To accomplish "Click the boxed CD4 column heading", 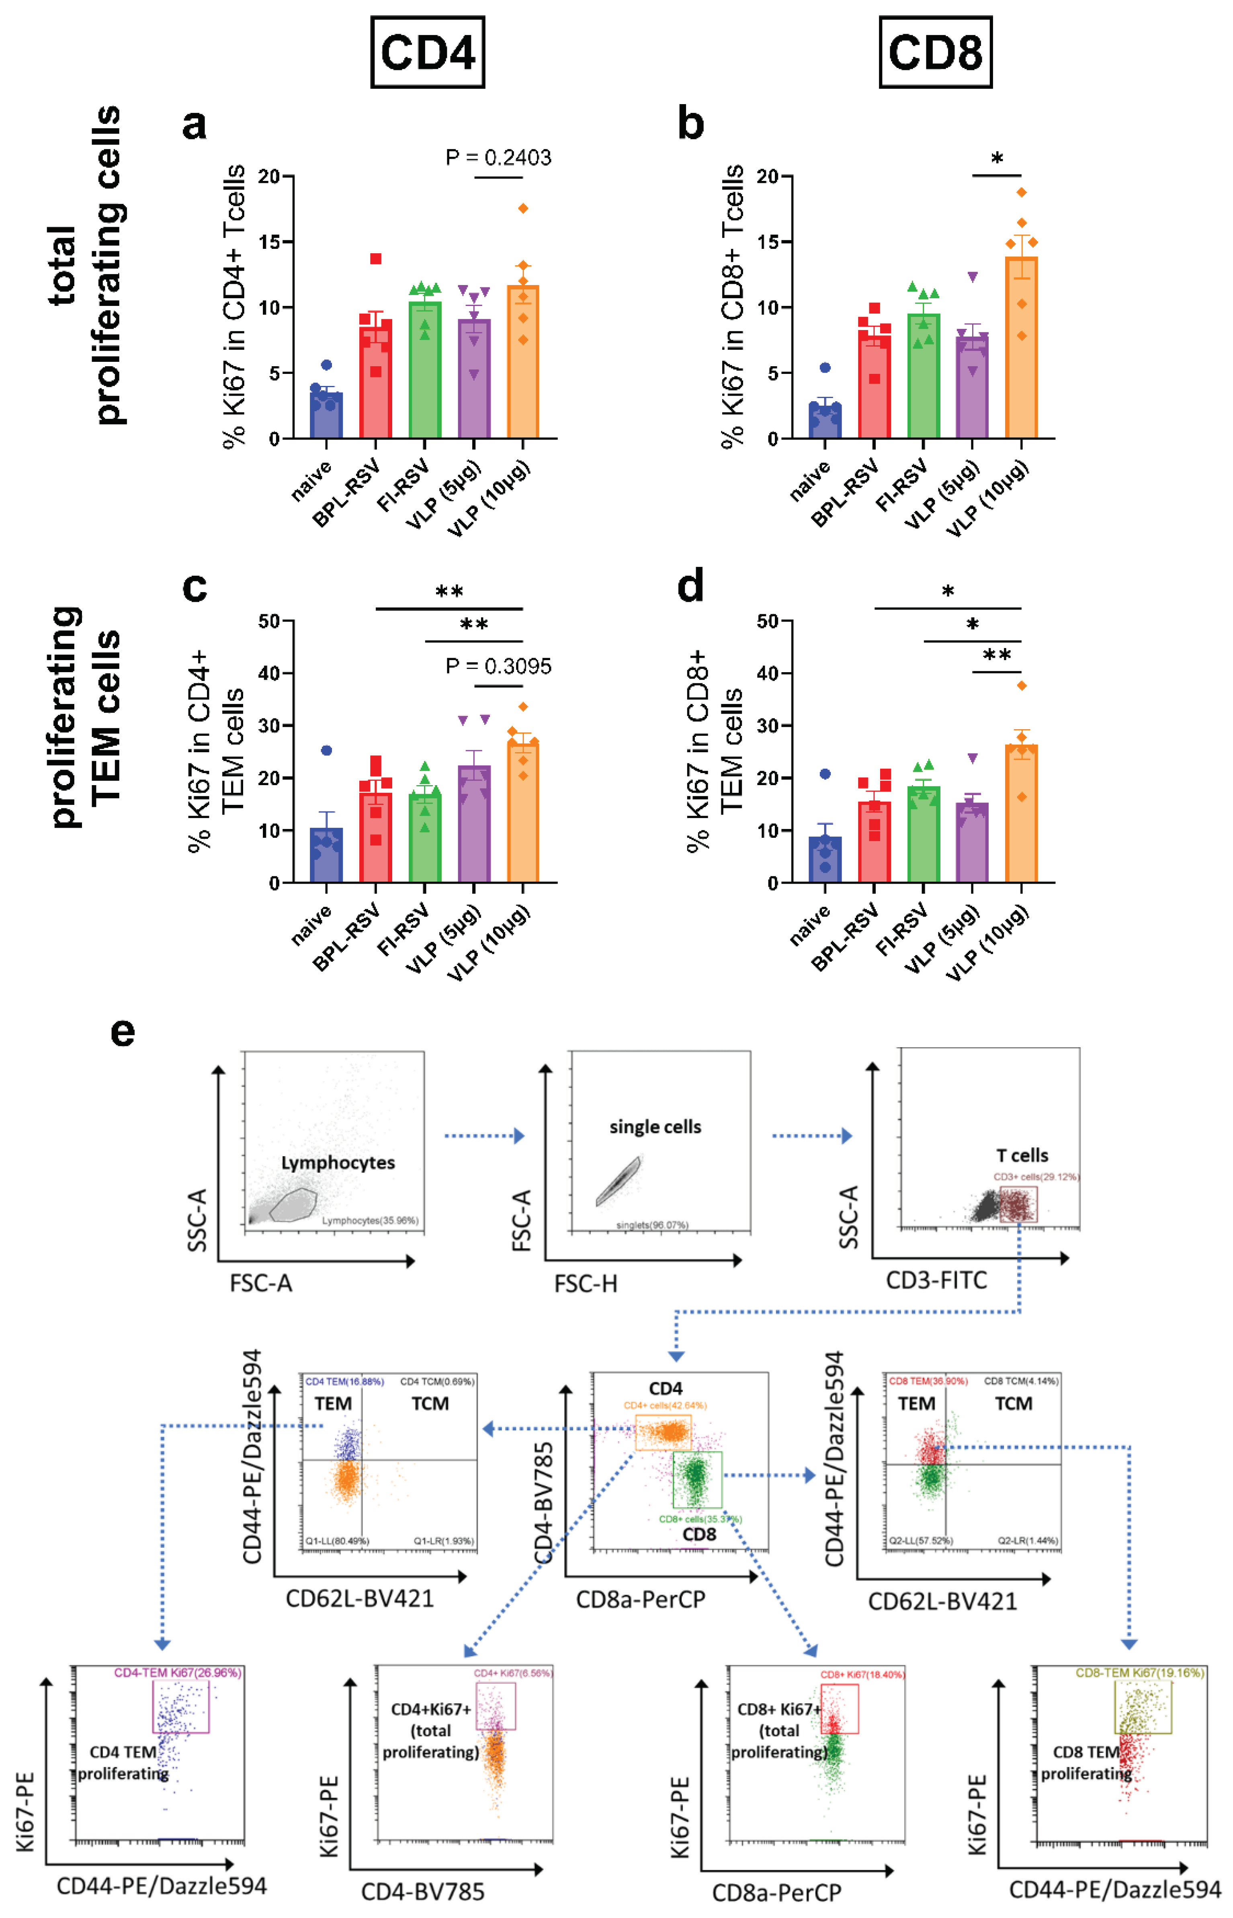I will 428,52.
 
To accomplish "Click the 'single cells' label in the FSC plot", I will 655,1127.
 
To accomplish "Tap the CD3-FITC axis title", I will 936,1280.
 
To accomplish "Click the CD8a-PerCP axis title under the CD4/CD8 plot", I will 641,1599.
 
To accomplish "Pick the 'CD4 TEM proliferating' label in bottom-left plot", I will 123,1763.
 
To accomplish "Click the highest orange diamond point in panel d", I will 1022,685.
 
